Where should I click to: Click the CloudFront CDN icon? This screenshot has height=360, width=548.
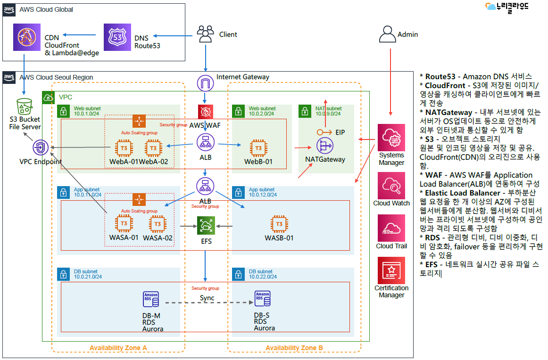pyautogui.click(x=27, y=37)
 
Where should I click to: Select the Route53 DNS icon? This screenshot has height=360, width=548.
pyautogui.click(x=117, y=37)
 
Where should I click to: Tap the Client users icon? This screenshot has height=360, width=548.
pyautogui.click(x=206, y=34)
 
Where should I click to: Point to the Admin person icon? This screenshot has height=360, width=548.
pyautogui.click(x=388, y=34)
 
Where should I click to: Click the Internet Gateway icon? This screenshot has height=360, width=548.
pyautogui.click(x=206, y=83)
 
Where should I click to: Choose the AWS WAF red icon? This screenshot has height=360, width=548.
pyautogui.click(x=206, y=112)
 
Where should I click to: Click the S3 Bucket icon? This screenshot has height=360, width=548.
pyautogui.click(x=25, y=106)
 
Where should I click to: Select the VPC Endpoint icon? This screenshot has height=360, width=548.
pyautogui.click(x=41, y=147)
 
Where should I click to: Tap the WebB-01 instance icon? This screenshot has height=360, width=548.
pyautogui.click(x=258, y=148)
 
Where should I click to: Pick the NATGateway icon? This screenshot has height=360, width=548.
pyautogui.click(x=325, y=146)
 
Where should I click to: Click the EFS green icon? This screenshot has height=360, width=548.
pyautogui.click(x=206, y=226)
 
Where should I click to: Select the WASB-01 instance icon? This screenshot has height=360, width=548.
pyautogui.click(x=279, y=224)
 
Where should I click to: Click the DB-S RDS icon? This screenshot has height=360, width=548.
pyautogui.click(x=263, y=299)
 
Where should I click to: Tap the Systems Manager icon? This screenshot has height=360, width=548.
pyautogui.click(x=391, y=138)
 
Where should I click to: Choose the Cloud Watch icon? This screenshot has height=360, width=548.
pyautogui.click(x=391, y=185)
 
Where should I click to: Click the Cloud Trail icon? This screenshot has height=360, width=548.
pyautogui.click(x=391, y=228)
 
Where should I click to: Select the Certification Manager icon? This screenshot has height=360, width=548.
pyautogui.click(x=391, y=270)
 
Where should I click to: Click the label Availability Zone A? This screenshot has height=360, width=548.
pyautogui.click(x=118, y=348)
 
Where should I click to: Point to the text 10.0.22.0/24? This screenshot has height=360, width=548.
pyautogui.click(x=263, y=277)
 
